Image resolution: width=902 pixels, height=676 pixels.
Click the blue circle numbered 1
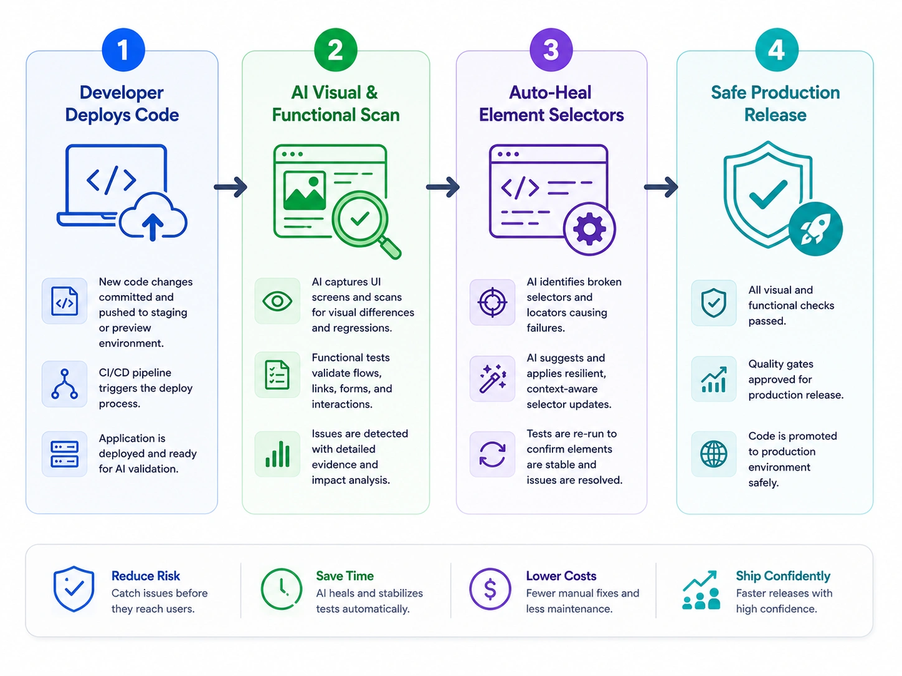click(x=123, y=50)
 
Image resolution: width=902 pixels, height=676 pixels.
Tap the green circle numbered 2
click(x=335, y=50)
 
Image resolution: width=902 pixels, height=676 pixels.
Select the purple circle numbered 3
click(x=551, y=50)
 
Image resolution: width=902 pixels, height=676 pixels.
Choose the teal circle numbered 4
click(x=776, y=50)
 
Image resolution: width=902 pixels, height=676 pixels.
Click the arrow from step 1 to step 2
click(x=230, y=187)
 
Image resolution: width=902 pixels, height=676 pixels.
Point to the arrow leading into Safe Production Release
click(x=661, y=187)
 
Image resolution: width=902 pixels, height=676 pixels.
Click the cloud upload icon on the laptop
click(x=153, y=217)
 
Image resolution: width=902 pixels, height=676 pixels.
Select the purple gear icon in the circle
click(x=589, y=228)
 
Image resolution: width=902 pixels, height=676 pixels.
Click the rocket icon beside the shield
click(x=815, y=228)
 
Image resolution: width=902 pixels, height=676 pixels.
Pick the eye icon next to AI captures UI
click(x=277, y=302)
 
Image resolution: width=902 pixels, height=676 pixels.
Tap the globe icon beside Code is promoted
click(x=713, y=454)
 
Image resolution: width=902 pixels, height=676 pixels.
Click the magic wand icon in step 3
click(x=492, y=378)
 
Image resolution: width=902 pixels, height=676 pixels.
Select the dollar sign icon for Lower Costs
click(x=490, y=589)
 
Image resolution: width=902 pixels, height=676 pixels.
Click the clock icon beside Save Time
click(x=282, y=589)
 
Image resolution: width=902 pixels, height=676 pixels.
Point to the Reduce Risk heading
click(x=146, y=576)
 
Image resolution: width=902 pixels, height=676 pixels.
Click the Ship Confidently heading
click(x=783, y=576)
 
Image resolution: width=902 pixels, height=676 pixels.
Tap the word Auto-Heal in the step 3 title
click(x=550, y=93)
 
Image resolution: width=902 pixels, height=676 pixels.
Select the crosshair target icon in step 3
click(x=492, y=303)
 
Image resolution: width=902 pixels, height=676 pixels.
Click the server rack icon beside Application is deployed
click(x=65, y=454)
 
